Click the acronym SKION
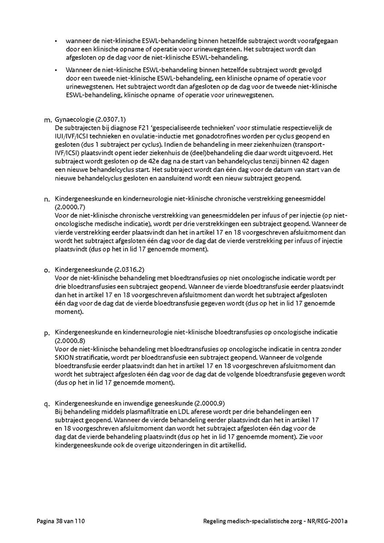pos(64,357)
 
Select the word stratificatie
pos(92,357)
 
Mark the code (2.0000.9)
pos(209,403)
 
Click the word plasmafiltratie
pos(137,412)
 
